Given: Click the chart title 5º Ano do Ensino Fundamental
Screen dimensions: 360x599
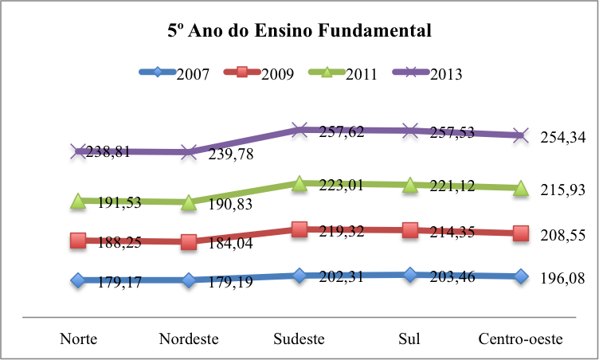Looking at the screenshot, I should click(299, 32).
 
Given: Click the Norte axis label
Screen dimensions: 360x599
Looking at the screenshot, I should click(79, 338).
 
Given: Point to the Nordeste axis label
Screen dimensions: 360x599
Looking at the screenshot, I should click(189, 338).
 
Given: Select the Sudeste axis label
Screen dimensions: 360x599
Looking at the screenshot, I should click(299, 338).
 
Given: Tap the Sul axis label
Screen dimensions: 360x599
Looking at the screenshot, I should click(409, 338).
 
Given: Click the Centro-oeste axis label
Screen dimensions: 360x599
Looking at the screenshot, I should click(520, 338).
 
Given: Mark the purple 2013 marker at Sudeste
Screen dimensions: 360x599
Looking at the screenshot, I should click(299, 129).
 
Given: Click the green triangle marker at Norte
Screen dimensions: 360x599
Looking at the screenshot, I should click(78, 202).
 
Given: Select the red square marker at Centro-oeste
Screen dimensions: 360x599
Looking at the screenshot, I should click(520, 233).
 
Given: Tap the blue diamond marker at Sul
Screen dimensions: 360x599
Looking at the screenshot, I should click(409, 275).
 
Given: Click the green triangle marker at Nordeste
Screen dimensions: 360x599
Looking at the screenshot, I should click(189, 203).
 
